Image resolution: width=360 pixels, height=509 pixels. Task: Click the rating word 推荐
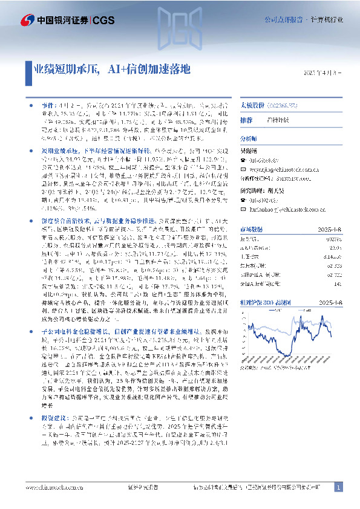tap(246, 120)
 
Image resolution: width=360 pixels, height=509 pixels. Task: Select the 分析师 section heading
tap(249, 139)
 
